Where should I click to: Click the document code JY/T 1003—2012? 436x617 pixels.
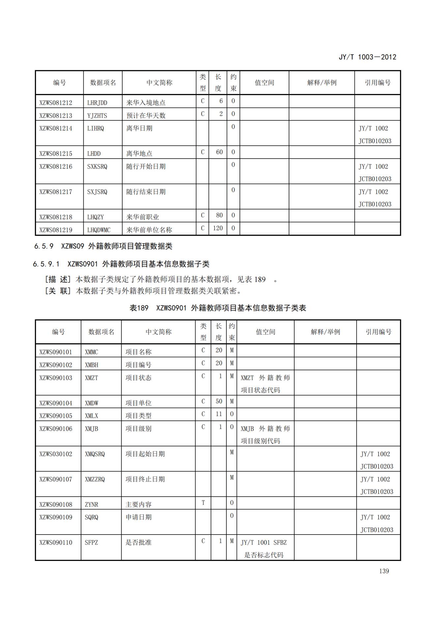367,57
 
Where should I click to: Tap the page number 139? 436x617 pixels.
384,571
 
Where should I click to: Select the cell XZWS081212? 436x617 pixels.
56,103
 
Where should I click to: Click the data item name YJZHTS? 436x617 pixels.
97,115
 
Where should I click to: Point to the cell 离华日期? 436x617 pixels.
139,128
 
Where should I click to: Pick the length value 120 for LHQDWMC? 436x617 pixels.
218,228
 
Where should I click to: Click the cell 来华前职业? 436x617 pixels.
142,217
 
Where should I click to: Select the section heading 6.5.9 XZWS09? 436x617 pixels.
103,246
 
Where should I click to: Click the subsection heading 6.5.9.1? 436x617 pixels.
121,264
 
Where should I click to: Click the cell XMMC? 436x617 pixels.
91,352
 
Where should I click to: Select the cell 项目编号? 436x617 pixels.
138,365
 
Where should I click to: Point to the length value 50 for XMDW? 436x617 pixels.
219,401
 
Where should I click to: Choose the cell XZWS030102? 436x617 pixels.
56,454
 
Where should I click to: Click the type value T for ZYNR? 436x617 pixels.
203,503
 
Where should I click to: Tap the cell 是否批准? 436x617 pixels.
138,542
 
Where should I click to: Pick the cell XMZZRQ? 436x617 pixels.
95,479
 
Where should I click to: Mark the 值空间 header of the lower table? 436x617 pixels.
265,332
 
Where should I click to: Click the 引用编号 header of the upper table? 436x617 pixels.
377,82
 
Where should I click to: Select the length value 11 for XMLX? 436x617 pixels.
219,414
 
